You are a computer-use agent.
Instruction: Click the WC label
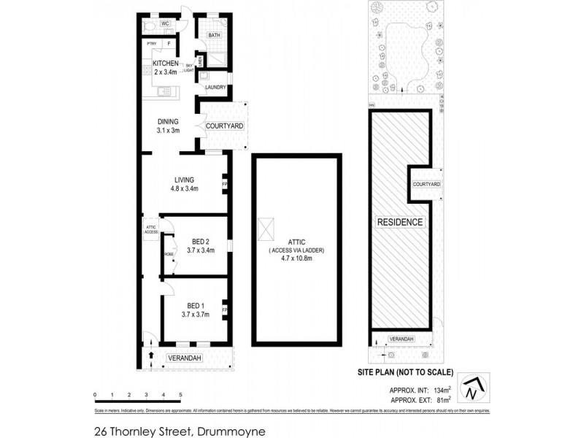165,23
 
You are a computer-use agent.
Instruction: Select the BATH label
215,35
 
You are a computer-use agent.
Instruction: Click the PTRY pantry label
152,44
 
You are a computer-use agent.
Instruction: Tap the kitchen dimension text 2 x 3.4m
165,72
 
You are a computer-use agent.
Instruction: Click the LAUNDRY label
215,88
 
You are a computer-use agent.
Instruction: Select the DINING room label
169,122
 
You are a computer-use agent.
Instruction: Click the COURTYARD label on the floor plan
224,126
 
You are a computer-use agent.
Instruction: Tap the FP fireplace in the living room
225,184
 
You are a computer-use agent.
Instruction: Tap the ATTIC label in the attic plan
296,242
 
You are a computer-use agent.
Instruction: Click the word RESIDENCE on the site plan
399,221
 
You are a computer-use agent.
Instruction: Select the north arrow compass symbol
475,387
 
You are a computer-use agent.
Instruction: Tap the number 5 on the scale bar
180,394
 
